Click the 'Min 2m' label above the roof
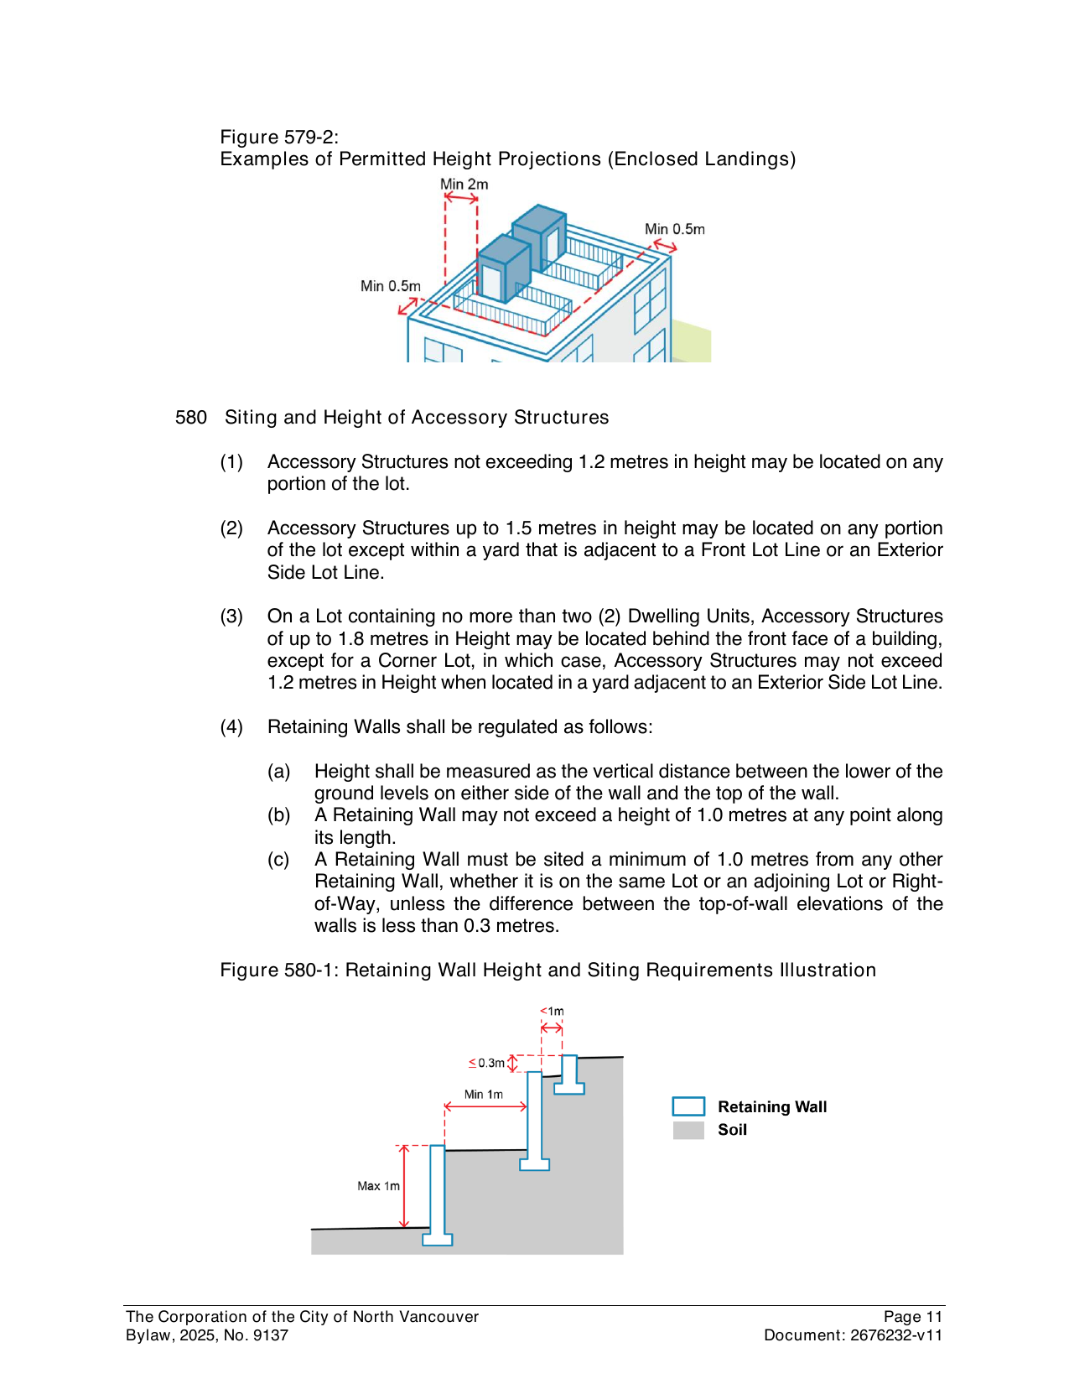coord(464,185)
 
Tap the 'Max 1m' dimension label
coord(378,1186)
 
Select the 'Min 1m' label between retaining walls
coord(484,1095)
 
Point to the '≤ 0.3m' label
coord(487,1063)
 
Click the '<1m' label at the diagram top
coord(552,1011)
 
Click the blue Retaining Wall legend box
coord(688,1106)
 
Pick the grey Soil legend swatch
coord(688,1130)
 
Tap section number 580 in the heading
coord(191,418)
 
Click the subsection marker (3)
coord(231,617)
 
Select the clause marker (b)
coord(278,815)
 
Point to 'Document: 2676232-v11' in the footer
coord(853,1335)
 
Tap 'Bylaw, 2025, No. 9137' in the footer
coord(207,1335)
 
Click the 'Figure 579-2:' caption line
coord(279,138)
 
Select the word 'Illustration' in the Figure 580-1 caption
coord(828,970)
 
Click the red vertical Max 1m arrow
coord(405,1187)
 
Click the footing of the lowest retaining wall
coord(437,1239)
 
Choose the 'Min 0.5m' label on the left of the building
coord(390,286)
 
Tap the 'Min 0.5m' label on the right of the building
coord(674,229)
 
